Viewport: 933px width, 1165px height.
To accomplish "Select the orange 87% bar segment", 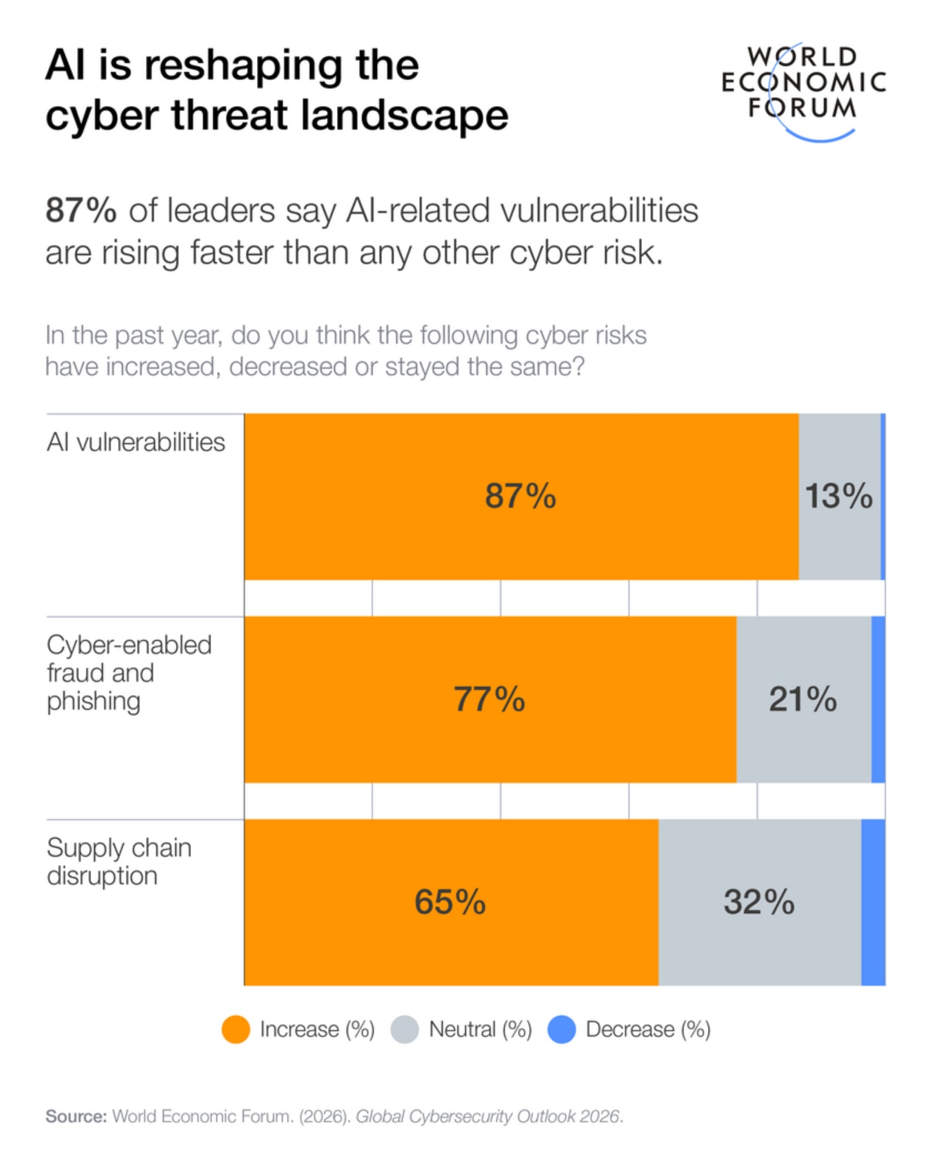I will [521, 497].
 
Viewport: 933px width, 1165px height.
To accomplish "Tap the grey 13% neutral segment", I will [839, 497].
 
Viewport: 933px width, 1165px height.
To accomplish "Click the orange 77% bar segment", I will [489, 700].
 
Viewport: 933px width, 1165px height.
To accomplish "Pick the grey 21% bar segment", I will [803, 700].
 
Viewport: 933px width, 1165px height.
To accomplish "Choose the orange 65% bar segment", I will [450, 903].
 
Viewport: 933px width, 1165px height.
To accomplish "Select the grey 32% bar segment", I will [759, 903].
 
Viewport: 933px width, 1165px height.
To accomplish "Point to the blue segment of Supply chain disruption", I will [874, 903].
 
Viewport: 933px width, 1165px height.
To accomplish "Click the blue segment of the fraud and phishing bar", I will [878, 700].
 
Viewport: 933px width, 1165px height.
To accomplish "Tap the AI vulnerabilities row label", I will [136, 442].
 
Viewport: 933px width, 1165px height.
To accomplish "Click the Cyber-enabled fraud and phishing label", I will [129, 673].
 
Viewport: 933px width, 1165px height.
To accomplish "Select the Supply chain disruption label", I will [118, 862].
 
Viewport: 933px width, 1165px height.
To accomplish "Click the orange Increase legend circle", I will [236, 1029].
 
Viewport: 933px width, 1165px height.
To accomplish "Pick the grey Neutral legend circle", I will [405, 1029].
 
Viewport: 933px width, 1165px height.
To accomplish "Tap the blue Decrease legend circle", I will [562, 1029].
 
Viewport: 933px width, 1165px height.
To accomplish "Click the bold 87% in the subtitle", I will [81, 210].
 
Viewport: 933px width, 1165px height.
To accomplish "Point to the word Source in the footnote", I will [76, 1116].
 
